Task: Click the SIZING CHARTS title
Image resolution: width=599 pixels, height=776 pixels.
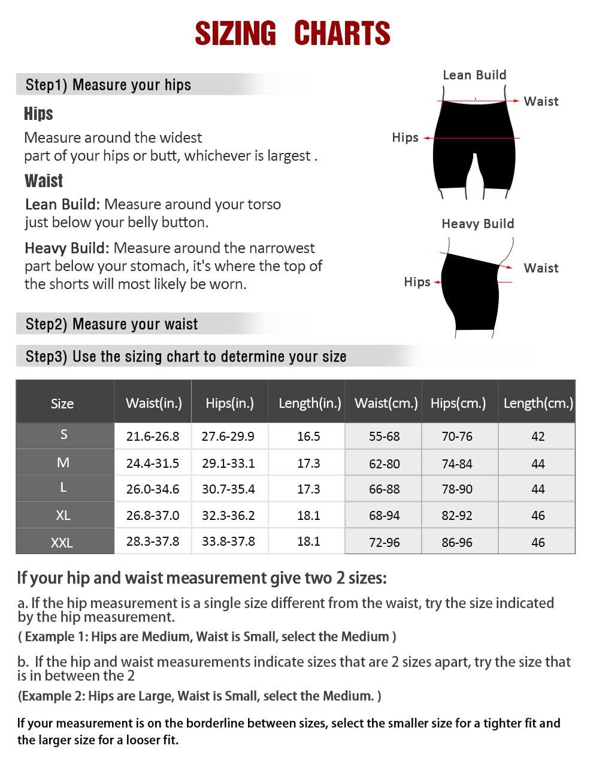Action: (292, 34)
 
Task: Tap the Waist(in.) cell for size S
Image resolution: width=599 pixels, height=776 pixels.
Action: (153, 436)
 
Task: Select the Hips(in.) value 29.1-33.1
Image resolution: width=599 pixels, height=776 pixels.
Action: (228, 463)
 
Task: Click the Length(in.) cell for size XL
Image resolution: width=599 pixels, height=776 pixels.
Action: (308, 515)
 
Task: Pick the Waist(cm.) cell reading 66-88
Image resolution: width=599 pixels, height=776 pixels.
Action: (384, 489)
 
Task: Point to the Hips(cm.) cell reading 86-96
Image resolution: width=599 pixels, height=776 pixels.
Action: (457, 542)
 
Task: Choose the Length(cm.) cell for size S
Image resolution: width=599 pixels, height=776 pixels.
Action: (538, 436)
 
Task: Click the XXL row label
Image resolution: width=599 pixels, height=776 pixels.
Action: (62, 543)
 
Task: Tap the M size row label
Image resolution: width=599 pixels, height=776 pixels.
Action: (63, 462)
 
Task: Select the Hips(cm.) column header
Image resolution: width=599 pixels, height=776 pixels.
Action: (458, 403)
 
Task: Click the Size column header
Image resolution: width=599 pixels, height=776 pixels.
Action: (62, 404)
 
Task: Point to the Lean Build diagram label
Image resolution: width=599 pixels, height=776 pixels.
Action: (474, 75)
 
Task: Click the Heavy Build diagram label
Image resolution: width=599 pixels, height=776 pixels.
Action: (477, 224)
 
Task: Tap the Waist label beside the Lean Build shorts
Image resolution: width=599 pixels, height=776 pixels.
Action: (541, 101)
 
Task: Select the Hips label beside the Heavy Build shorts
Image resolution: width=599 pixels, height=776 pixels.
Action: (417, 282)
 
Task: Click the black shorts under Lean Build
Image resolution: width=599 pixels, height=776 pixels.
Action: (474, 144)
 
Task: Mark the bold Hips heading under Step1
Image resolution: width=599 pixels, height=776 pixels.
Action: (38, 114)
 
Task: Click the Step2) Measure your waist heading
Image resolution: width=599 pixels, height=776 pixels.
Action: (111, 324)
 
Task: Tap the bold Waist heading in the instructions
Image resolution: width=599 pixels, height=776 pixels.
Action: (44, 181)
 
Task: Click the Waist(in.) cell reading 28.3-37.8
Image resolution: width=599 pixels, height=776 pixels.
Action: (153, 542)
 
